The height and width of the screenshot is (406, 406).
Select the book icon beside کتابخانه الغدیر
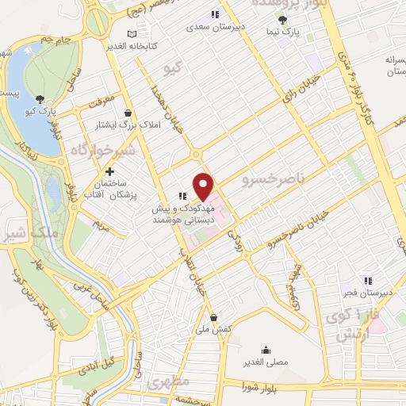point(132,34)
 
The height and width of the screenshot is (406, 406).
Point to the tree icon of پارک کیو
point(38,99)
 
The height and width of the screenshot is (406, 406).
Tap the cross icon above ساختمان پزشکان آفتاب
point(109,171)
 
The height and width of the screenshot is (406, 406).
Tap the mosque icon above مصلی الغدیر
point(264,350)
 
